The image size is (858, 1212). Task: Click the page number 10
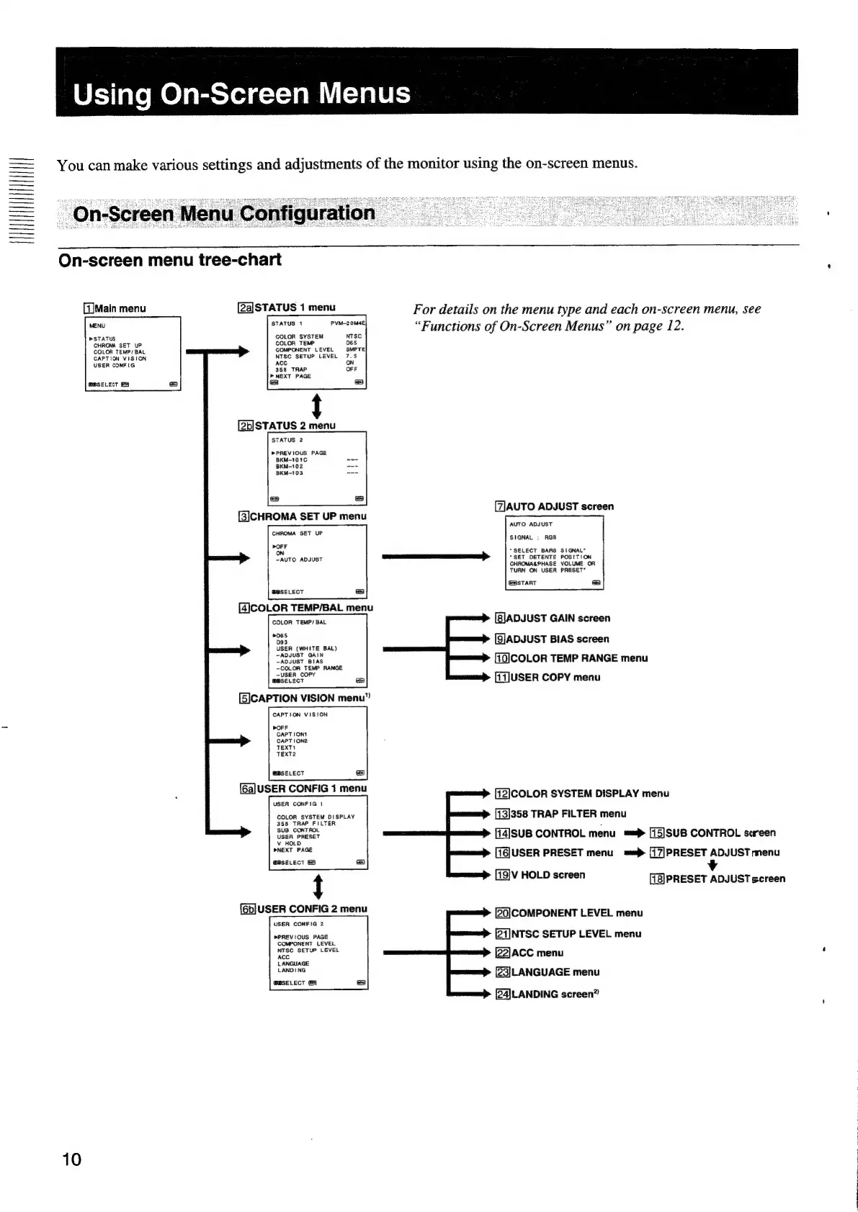(x=72, y=1159)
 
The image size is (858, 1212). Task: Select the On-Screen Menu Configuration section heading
(x=224, y=214)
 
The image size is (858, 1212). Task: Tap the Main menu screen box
(x=132, y=353)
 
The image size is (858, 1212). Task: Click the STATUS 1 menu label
(x=287, y=308)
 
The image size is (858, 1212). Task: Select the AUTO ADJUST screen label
(x=554, y=506)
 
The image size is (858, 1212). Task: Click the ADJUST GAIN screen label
(x=553, y=618)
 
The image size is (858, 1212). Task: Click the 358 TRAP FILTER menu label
(x=560, y=814)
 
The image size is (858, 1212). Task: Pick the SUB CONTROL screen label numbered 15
(x=712, y=833)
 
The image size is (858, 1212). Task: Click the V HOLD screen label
(x=540, y=875)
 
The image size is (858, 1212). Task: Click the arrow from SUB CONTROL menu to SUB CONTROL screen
(x=633, y=834)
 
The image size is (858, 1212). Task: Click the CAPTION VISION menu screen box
(x=317, y=743)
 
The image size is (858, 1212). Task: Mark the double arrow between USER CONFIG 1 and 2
(x=317, y=886)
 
